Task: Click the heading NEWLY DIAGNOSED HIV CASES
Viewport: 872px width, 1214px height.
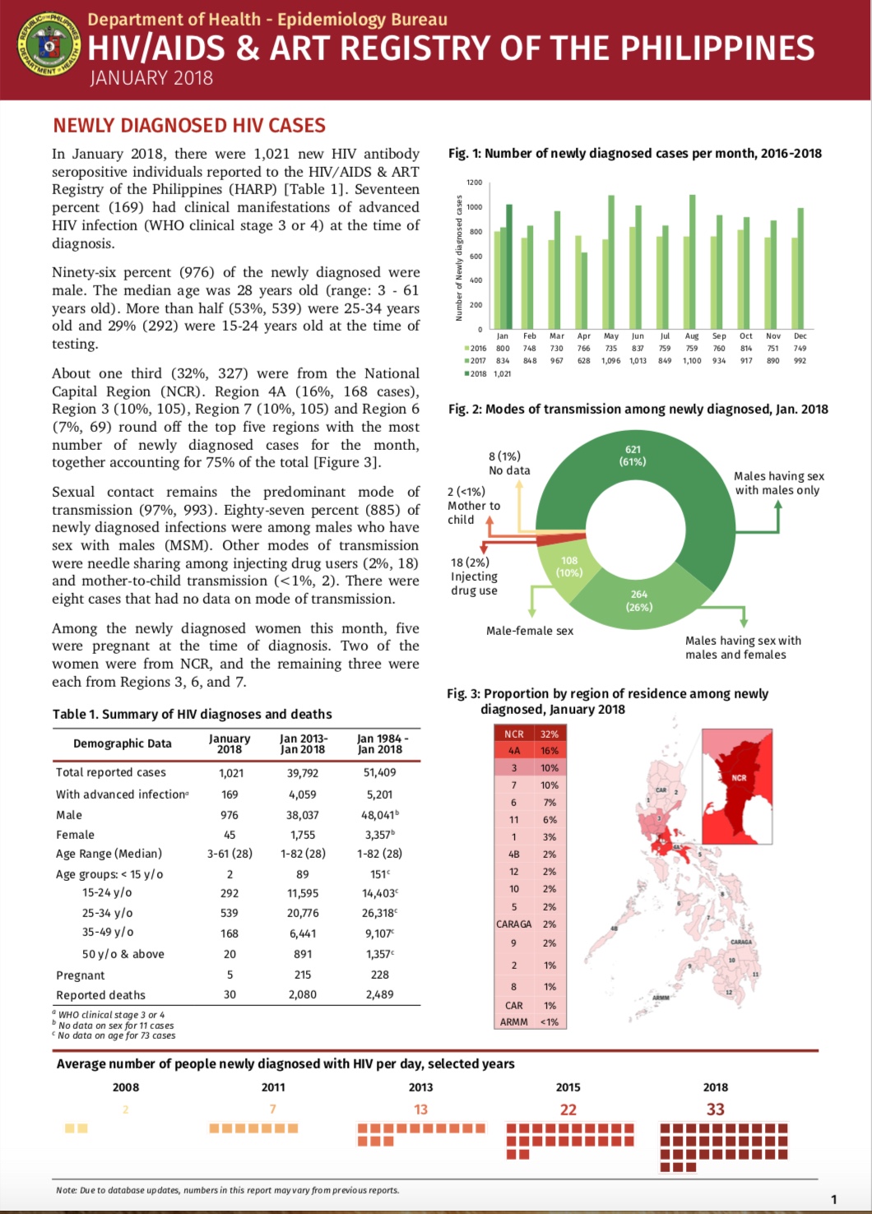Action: pos(189,126)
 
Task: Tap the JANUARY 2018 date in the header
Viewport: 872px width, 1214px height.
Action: pos(151,78)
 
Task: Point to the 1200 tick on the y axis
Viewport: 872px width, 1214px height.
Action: pos(475,183)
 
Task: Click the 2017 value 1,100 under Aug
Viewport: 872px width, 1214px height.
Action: pos(692,360)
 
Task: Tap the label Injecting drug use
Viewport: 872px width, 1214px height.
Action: pos(473,577)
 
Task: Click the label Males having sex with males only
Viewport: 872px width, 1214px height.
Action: pos(778,483)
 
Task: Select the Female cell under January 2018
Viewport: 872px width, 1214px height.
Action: pos(230,835)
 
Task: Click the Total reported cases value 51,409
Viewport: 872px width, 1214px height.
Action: pos(379,773)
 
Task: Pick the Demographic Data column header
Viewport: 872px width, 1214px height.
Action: pos(123,744)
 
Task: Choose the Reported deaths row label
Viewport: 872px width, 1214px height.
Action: pos(100,995)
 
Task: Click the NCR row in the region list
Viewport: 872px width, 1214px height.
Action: pos(531,734)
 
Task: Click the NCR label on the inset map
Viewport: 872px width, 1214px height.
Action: pos(739,777)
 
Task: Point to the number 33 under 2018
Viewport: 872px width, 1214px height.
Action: pos(715,1110)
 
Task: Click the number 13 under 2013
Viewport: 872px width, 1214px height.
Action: pos(420,1110)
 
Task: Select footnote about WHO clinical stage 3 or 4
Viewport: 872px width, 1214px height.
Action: pos(111,1015)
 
